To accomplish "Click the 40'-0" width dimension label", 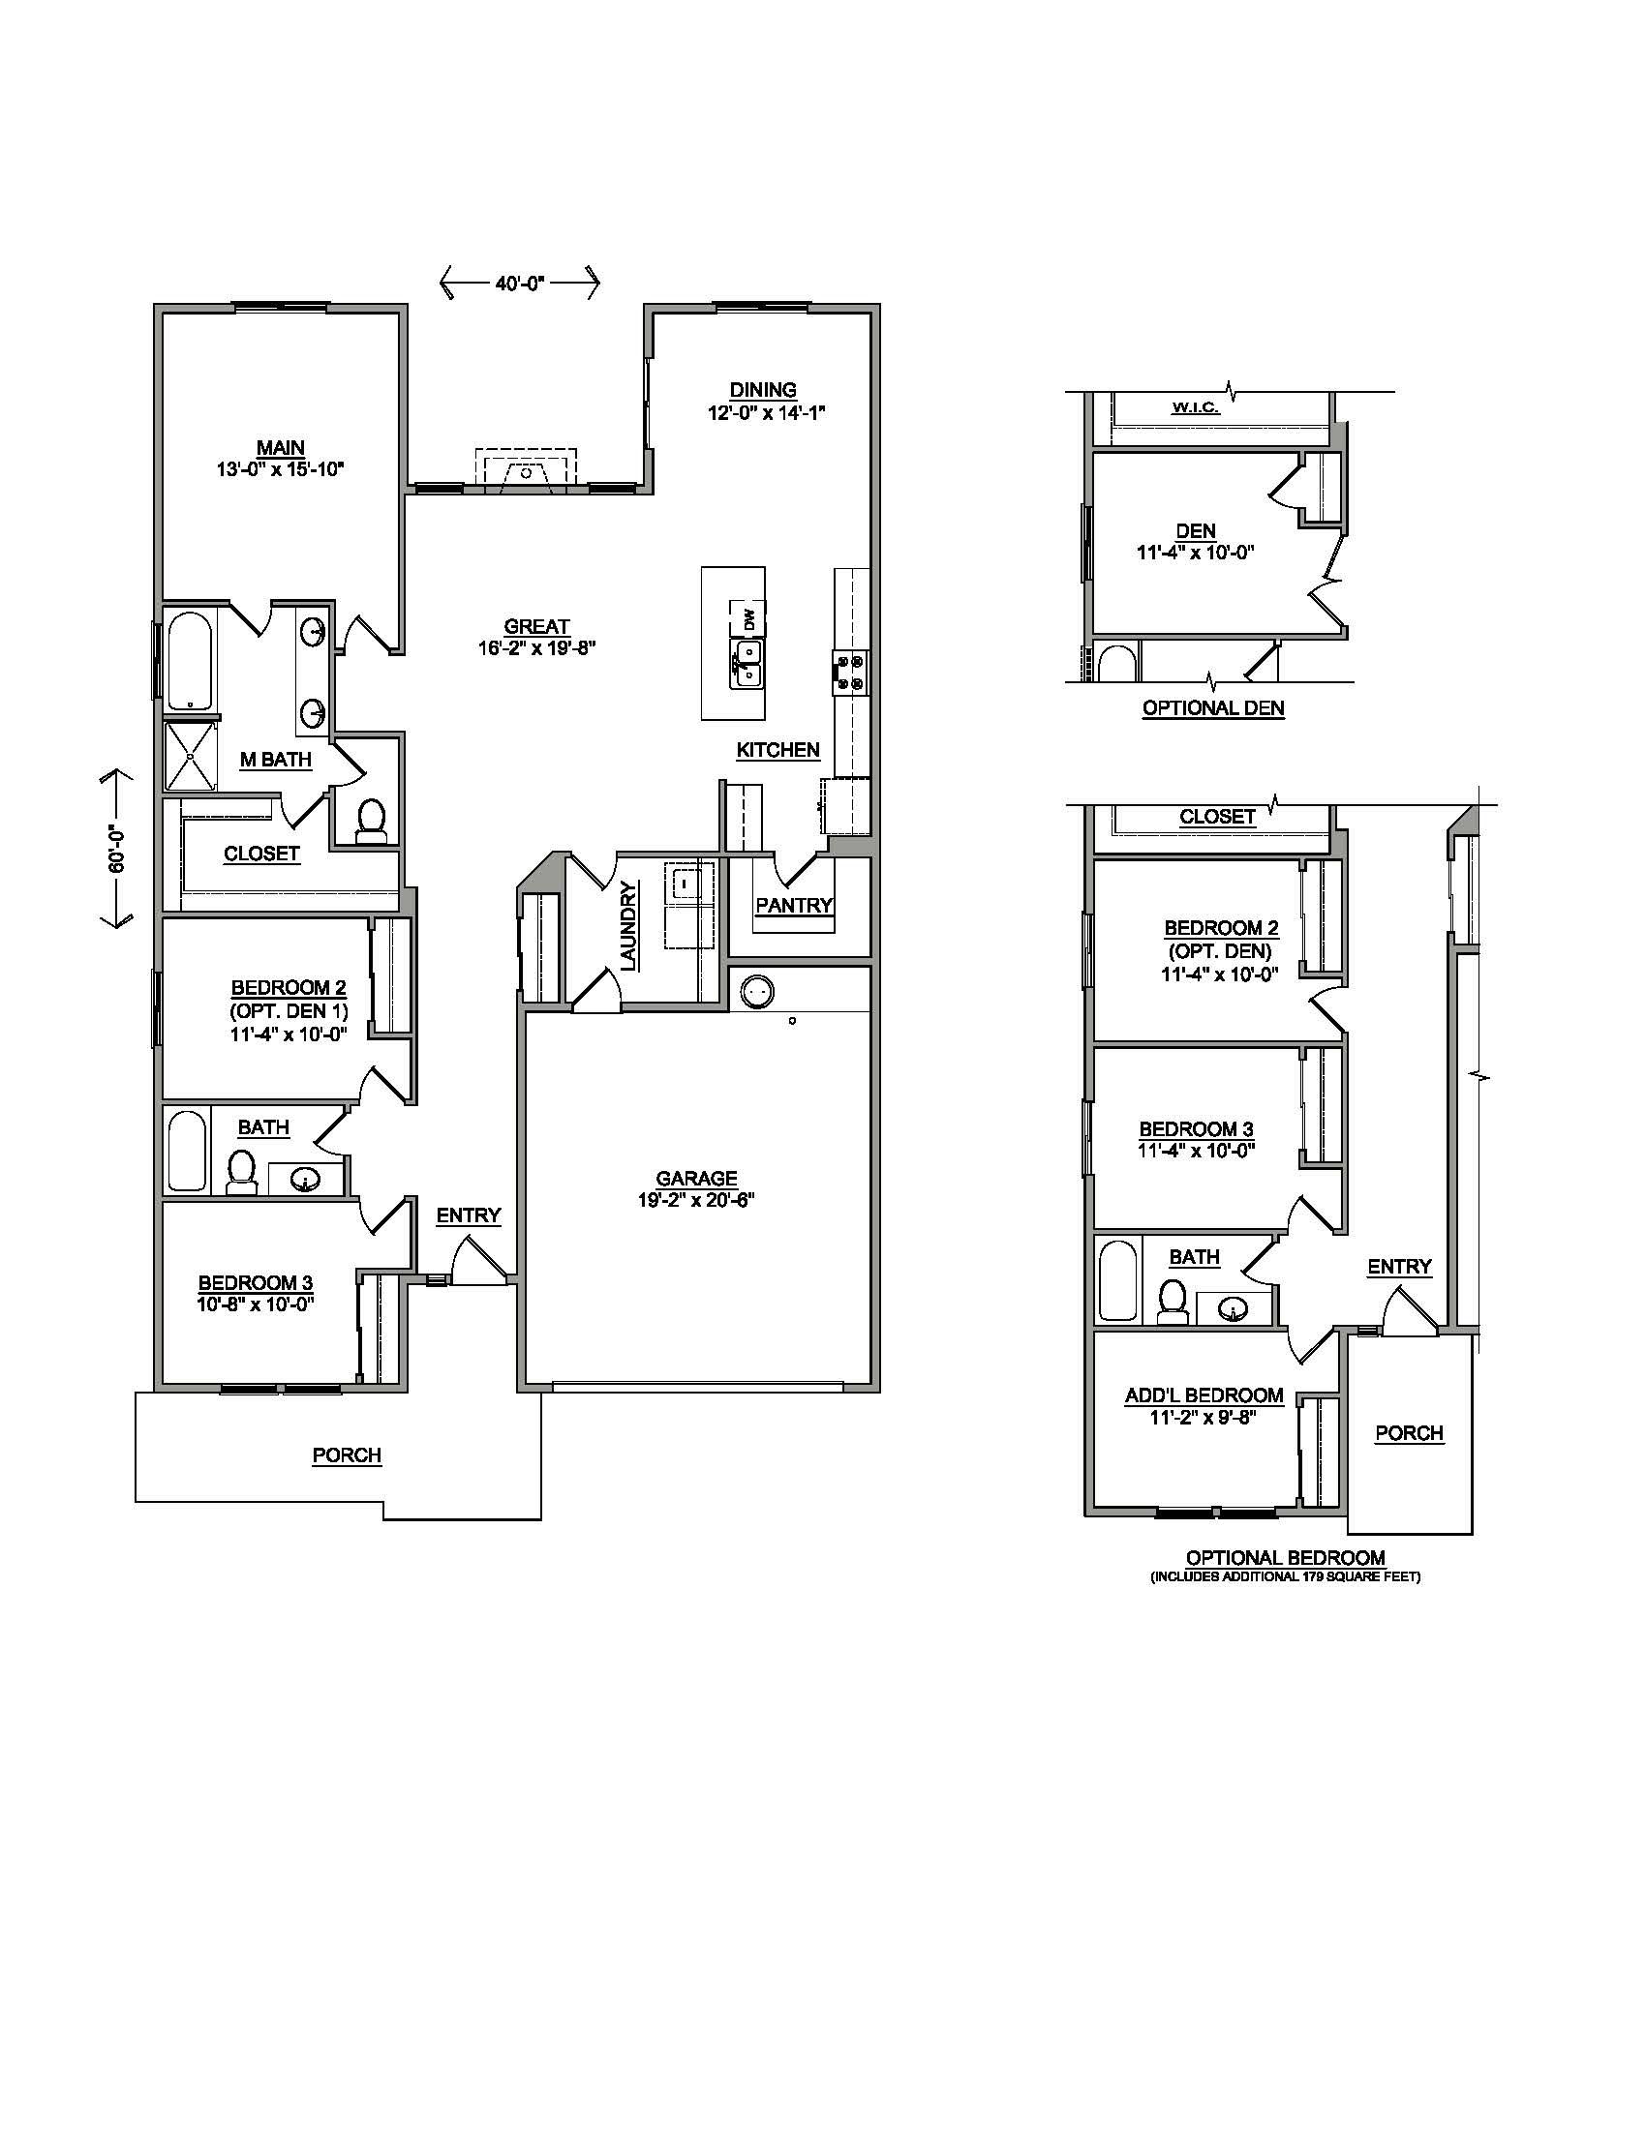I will pos(519,284).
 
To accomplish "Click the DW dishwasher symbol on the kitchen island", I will pos(747,618).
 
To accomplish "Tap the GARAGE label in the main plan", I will pos(696,1179).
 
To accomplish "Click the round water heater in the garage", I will pos(758,992).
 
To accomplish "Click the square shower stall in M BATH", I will pos(190,757).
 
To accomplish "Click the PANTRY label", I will pos(794,905).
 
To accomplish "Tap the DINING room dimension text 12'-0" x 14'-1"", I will pos(767,412).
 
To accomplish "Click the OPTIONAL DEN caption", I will pos(1213,708).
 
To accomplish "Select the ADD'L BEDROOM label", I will pos(1204,1395).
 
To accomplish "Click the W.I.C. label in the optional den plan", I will pos(1195,407).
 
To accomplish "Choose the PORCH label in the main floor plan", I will pos(347,1454).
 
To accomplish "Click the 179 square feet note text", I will pos(1285,1577).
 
